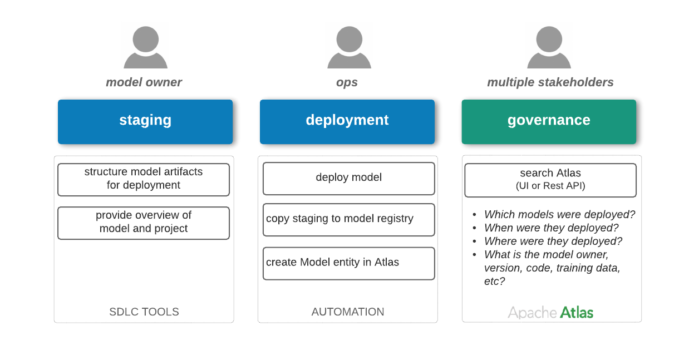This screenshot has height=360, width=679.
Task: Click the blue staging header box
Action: [145, 121]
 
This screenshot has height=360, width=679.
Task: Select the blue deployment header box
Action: [347, 121]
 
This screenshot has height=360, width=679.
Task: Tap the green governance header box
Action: [549, 121]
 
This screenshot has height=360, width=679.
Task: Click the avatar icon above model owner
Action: [145, 45]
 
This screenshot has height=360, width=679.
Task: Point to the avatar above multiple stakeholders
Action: [549, 45]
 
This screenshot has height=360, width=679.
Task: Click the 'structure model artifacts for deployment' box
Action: [144, 179]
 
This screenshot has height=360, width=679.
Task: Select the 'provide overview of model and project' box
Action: [144, 223]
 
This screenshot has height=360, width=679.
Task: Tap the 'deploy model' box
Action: [348, 178]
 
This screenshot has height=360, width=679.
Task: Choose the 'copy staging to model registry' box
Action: [348, 219]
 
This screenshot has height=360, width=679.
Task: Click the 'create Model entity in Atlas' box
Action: [348, 263]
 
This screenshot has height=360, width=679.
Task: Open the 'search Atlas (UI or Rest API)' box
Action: [550, 180]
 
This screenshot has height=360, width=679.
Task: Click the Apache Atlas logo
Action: [552, 312]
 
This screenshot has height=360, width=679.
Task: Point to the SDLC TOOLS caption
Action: [144, 312]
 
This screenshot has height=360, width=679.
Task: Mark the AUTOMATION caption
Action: [348, 312]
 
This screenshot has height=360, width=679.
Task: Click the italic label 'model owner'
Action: [144, 82]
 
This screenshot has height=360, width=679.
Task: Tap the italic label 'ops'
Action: [347, 82]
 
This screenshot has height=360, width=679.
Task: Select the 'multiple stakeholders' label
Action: [550, 82]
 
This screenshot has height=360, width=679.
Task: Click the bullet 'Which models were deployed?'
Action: [559, 215]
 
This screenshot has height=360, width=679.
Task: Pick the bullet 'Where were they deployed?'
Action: [553, 241]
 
